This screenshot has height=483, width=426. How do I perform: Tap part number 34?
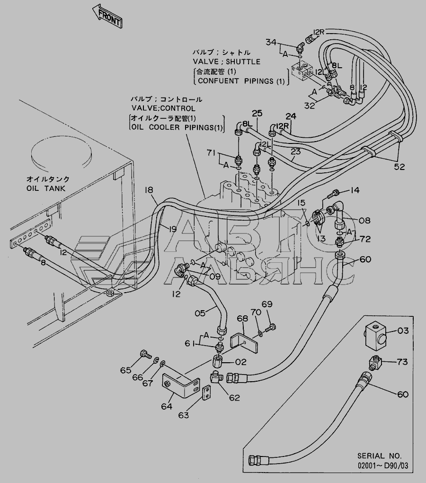tap(270, 43)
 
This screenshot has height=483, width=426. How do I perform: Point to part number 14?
tap(355, 190)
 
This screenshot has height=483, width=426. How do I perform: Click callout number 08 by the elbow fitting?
tap(364, 220)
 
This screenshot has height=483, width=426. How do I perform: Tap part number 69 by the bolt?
tap(267, 304)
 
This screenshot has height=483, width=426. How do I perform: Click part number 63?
tap(183, 415)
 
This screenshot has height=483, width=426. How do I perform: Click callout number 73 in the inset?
tap(402, 363)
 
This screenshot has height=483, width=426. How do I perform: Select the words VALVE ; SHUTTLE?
tap(226, 62)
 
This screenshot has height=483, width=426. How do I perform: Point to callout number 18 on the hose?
tap(149, 190)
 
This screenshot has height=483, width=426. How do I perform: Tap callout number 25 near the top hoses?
tap(257, 113)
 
